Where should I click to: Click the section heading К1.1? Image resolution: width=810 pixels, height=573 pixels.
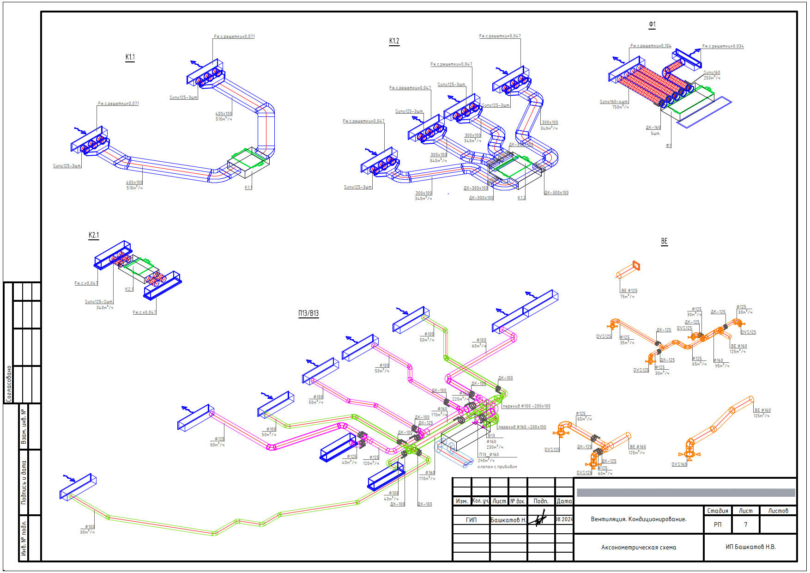pos(130,57)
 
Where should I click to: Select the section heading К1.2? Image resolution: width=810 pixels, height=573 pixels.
pos(394,41)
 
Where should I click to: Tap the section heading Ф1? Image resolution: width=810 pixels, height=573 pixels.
pos(652,24)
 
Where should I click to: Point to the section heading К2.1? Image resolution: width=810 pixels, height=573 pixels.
pos(94,235)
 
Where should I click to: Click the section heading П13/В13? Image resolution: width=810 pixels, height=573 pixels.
pos(308,313)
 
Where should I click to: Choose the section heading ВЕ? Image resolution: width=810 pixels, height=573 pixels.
pos(664,241)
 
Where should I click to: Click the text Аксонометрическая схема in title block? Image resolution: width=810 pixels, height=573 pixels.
pos(638,548)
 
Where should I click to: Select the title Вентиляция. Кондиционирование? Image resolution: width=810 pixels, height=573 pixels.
pos(638,519)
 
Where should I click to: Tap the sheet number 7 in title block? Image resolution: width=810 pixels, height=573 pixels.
pos(745,524)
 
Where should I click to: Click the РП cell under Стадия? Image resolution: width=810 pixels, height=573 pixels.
pos(718,524)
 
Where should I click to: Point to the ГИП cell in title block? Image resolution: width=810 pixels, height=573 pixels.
pos(471,520)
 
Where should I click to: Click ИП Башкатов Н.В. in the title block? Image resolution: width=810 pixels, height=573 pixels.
pos(750,547)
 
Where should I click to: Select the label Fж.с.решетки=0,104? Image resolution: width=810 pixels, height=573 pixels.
pos(651,46)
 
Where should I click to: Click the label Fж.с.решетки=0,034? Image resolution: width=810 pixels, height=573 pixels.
pos(723,46)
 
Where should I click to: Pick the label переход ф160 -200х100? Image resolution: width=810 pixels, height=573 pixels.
pos(522,427)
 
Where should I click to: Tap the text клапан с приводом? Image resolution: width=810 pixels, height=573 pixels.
pos(497,467)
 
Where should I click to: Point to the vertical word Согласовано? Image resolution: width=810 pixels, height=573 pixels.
pos(9,384)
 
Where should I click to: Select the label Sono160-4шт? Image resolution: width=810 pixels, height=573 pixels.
pos(614,102)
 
